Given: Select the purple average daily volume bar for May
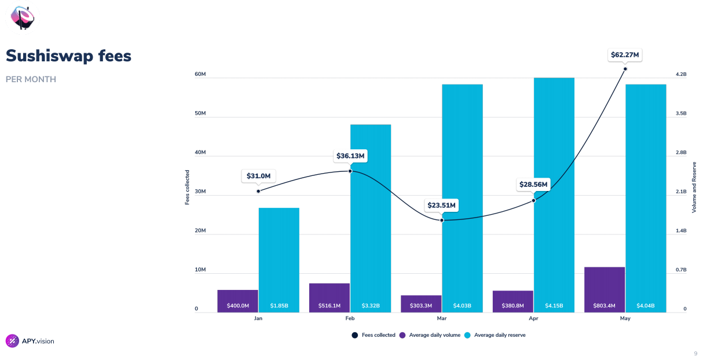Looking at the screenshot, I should [x=605, y=289].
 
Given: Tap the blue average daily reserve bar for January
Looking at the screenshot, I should [x=279, y=260].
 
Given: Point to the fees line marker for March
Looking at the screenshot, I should [x=442, y=220].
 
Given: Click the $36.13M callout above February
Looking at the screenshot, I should [x=350, y=156].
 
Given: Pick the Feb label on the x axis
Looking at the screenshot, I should [x=350, y=319].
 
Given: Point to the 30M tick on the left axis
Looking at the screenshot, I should [x=200, y=192].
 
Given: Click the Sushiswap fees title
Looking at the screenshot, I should [x=68, y=56].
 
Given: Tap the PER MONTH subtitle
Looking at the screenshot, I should [x=31, y=79].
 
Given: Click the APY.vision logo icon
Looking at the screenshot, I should [x=12, y=341].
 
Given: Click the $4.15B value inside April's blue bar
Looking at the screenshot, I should [x=554, y=306].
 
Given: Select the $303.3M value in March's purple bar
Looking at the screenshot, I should [x=421, y=306].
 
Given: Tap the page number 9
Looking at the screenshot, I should [x=695, y=354].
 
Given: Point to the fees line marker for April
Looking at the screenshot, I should [x=533, y=200].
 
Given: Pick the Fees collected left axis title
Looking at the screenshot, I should [x=187, y=188].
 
